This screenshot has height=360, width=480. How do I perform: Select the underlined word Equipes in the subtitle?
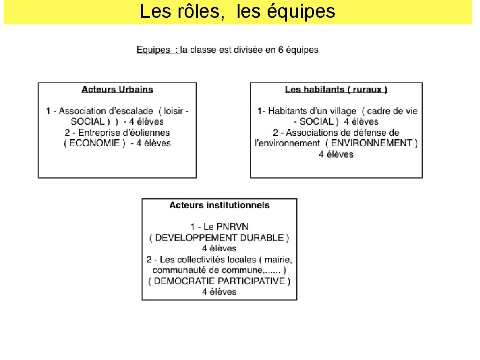153,50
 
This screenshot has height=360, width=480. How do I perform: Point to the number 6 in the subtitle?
280,50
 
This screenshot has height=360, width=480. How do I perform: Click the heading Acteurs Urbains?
117,89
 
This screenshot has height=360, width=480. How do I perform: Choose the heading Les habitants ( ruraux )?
336,89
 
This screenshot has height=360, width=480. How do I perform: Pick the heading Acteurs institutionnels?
219,205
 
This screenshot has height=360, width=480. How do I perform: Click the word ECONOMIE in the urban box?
95,143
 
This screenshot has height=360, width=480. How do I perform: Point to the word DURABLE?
265,238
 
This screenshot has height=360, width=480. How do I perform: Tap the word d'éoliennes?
147,133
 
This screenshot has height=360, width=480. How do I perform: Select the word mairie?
279,259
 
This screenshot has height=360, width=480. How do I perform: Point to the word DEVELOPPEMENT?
196,238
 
